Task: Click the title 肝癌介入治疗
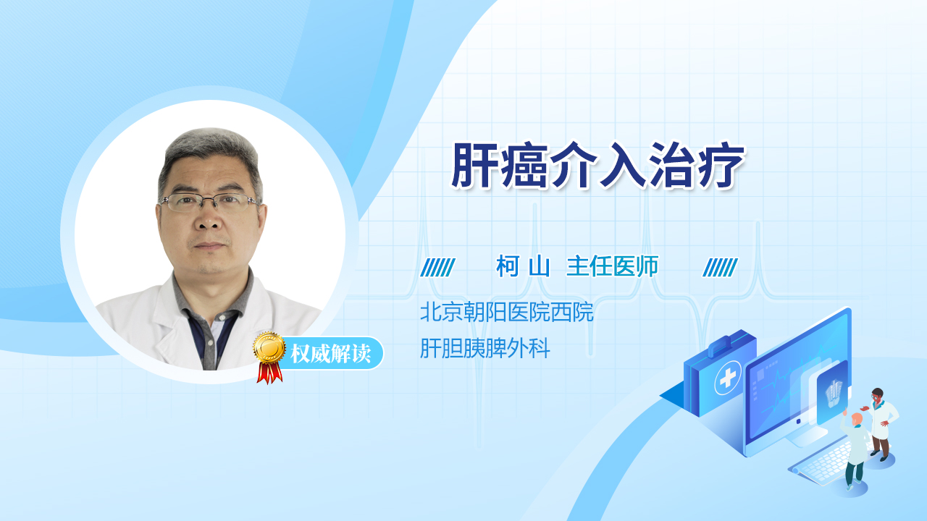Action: [597, 165]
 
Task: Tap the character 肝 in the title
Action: [474, 165]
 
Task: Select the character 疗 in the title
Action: [721, 165]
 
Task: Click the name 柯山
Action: [523, 266]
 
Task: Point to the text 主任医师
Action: [613, 266]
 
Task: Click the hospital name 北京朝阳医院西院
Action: [506, 311]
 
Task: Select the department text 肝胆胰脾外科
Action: [485, 348]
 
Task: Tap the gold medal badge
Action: [269, 348]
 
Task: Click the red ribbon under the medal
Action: [269, 373]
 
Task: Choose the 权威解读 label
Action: [330, 354]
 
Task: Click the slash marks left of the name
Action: [437, 268]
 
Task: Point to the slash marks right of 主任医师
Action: [720, 268]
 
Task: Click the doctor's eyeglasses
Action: [209, 203]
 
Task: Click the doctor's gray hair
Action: [209, 153]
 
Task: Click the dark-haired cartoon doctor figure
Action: [881, 424]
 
